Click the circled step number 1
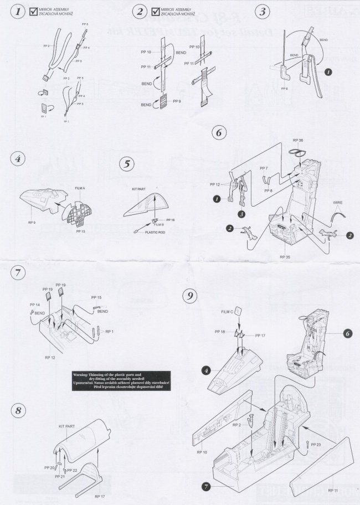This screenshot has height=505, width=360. (19, 12)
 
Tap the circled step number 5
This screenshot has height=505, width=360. (127, 164)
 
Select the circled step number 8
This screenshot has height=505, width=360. (19, 410)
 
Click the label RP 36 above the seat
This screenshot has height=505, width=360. (297, 140)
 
